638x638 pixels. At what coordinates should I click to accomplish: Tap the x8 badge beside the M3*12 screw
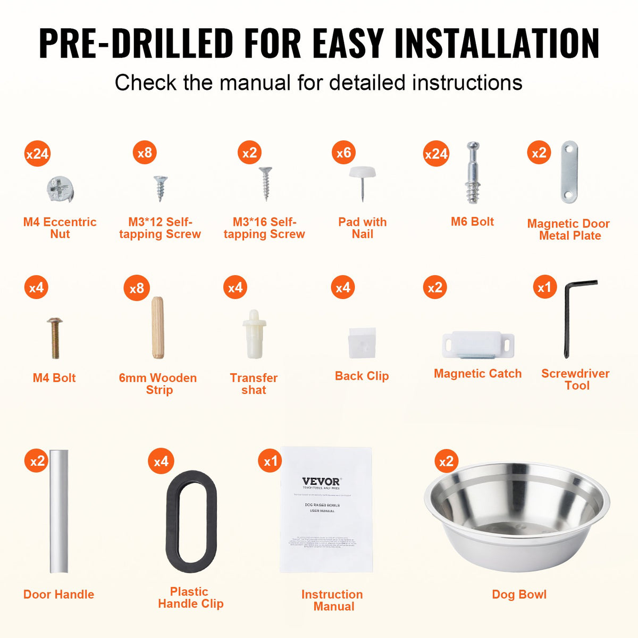point(145,153)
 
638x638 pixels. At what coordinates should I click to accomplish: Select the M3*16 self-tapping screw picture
point(265,183)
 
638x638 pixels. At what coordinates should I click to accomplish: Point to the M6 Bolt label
point(472,222)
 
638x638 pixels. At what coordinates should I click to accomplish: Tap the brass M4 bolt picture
point(55,337)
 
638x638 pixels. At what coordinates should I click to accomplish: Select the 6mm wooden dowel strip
point(157,328)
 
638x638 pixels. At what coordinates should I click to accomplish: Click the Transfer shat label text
point(254,384)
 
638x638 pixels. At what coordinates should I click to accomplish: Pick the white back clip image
point(362,342)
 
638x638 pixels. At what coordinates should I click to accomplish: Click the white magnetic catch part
point(477,345)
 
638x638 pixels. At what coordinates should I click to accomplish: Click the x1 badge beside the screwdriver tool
point(544,288)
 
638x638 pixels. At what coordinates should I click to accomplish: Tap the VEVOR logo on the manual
point(321,482)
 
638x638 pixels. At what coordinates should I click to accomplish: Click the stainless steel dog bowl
point(517,516)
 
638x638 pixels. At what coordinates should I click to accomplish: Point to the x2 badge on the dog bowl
point(446,461)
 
